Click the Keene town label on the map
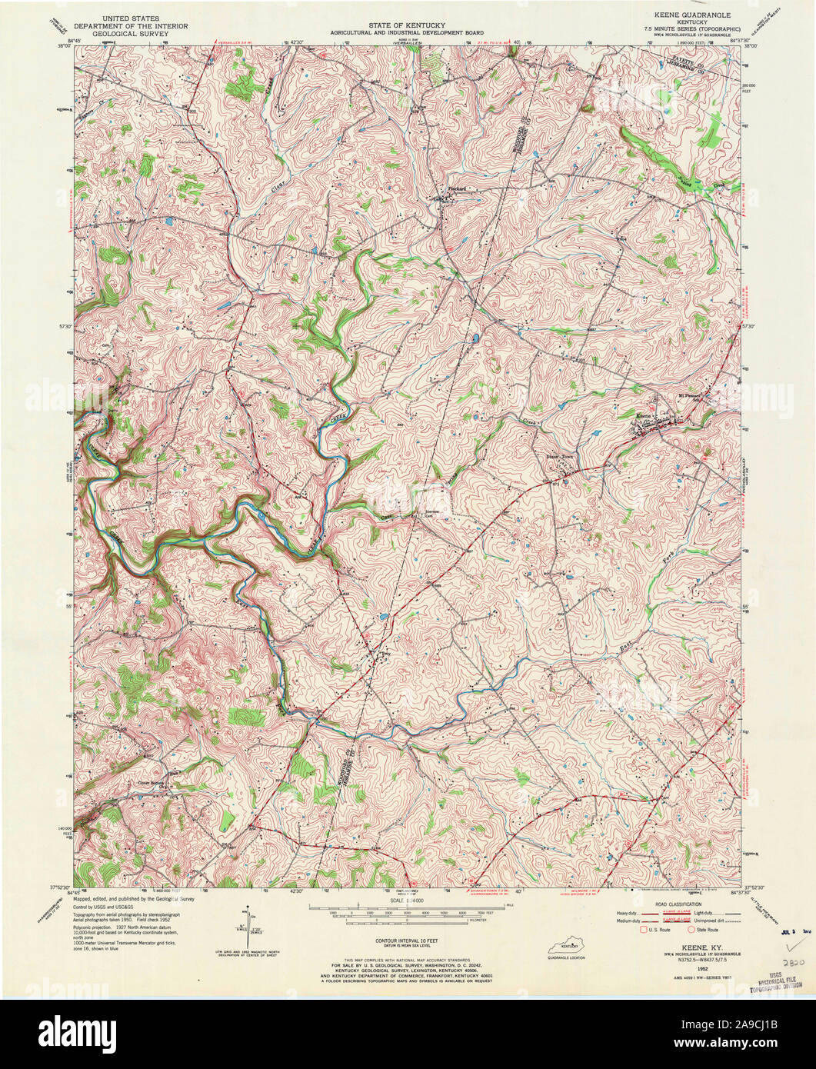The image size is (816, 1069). [x=644, y=416]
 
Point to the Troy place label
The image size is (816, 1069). [x=386, y=653]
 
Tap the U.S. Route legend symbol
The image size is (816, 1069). [x=644, y=930]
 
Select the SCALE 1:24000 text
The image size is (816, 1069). [x=407, y=900]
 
